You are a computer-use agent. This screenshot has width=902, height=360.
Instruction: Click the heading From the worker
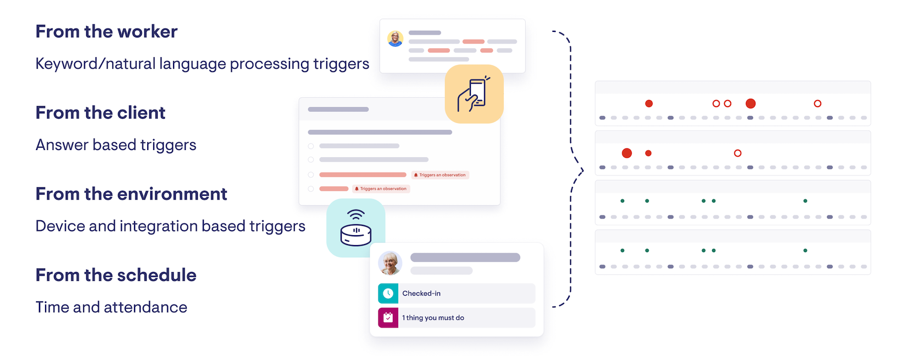coord(107,31)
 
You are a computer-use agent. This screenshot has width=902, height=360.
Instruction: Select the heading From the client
coord(101,113)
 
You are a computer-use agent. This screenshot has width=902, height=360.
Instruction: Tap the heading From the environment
coord(131,193)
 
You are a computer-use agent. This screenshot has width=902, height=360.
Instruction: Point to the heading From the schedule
coord(116,275)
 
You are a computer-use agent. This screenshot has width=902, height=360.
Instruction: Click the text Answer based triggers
coord(116,145)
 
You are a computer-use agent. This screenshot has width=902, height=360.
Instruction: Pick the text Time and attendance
coord(111,307)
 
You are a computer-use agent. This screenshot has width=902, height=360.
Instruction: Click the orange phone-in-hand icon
coord(474,94)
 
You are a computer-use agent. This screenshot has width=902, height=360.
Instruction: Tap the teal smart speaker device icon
coord(355,228)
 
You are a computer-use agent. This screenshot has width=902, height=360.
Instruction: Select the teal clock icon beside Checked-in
coord(388,293)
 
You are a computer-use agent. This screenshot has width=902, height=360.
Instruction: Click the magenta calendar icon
coord(388,318)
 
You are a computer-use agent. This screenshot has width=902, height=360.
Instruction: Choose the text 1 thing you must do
coord(433,318)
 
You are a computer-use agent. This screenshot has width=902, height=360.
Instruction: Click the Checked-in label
coord(421,293)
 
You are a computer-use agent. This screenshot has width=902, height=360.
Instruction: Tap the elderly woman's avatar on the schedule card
coord(390,263)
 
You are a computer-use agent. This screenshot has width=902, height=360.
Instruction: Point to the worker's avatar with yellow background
coord(395,38)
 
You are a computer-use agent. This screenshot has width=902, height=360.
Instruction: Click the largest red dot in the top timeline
coord(750,103)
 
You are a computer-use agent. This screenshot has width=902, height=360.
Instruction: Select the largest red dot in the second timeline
coord(627,153)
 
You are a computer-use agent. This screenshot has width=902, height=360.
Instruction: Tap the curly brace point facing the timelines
coord(582,169)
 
